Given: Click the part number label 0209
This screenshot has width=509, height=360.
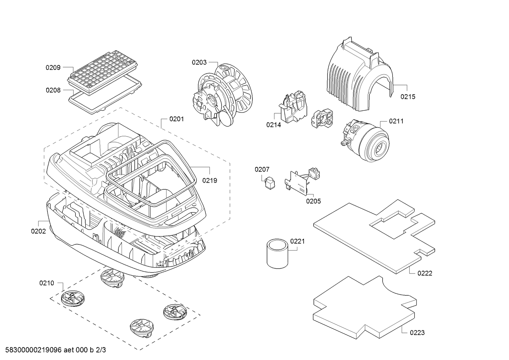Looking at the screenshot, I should (53, 67).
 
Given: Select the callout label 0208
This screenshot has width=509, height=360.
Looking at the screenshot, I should (53, 90).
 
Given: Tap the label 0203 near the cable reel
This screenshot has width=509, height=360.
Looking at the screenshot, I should (199, 62).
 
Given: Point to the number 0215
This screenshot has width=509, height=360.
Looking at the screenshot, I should (408, 96).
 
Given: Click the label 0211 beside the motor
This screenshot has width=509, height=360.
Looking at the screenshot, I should (396, 121).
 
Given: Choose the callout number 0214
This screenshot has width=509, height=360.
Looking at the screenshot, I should (273, 125).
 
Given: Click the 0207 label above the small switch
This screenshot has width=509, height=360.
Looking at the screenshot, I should (262, 169).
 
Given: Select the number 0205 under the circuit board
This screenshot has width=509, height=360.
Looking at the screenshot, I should (313, 201).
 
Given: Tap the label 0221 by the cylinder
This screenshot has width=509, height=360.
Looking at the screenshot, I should (297, 241).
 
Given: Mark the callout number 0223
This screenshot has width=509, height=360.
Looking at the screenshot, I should (417, 333).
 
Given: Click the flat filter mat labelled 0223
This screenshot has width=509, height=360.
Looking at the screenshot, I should (363, 306).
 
